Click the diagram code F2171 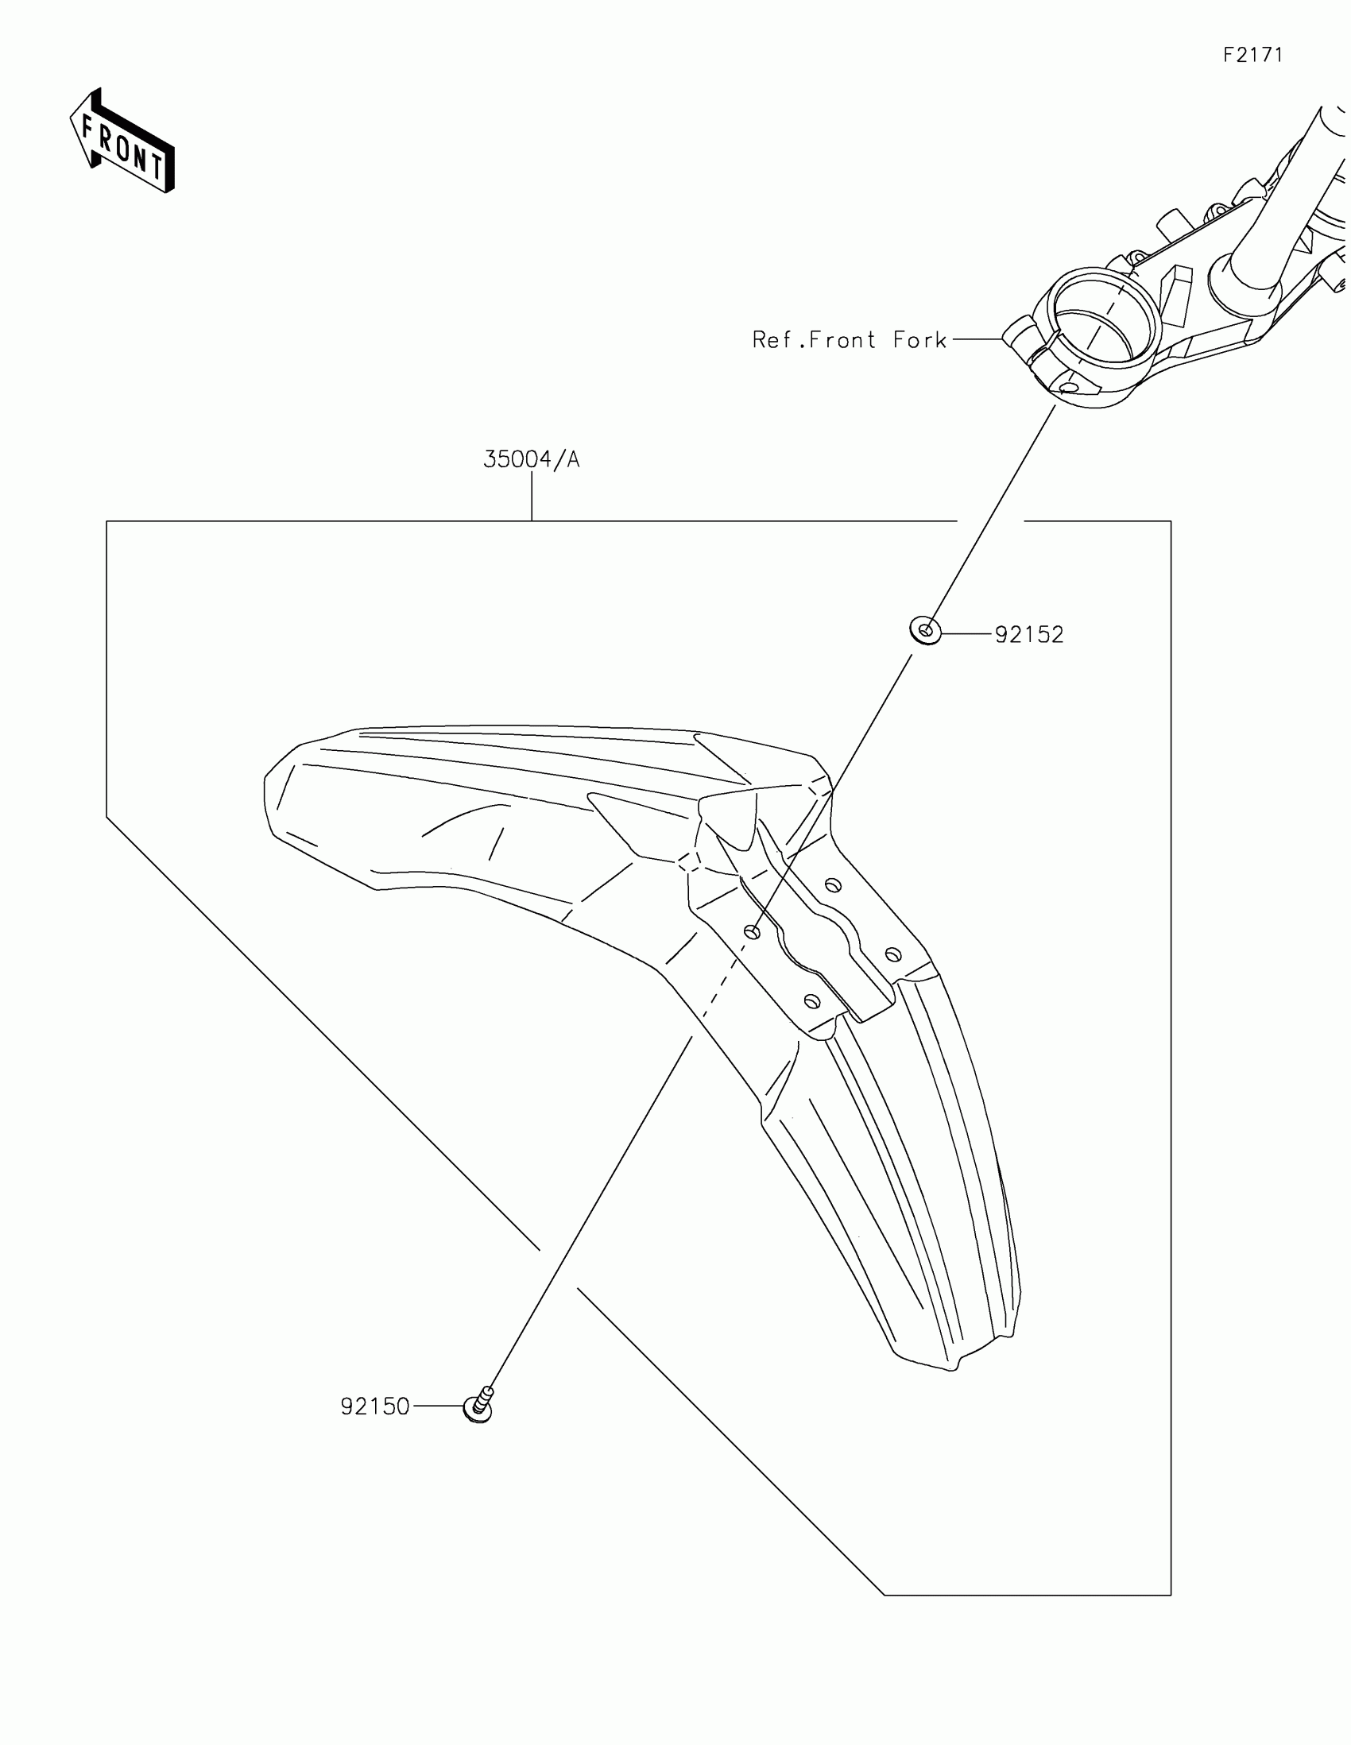[x=1252, y=55]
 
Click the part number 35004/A [x=532, y=459]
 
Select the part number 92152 [x=1029, y=635]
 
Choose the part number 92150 [x=374, y=1406]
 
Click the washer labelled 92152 [x=925, y=631]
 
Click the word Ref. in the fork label [x=778, y=340]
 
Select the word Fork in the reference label [x=919, y=340]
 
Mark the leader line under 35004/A [x=532, y=496]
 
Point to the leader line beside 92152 [x=966, y=634]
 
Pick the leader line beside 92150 [x=437, y=1406]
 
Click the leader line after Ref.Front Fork [x=977, y=339]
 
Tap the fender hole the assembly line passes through [x=752, y=931]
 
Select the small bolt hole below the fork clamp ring [x=1067, y=388]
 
